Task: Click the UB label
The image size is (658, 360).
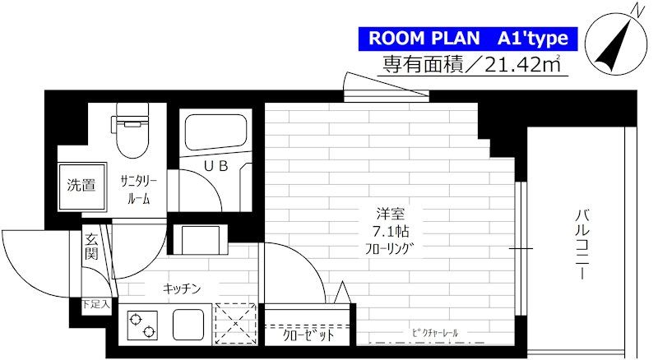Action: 215,166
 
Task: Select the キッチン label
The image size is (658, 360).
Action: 182,288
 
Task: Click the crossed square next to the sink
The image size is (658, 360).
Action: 234,323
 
